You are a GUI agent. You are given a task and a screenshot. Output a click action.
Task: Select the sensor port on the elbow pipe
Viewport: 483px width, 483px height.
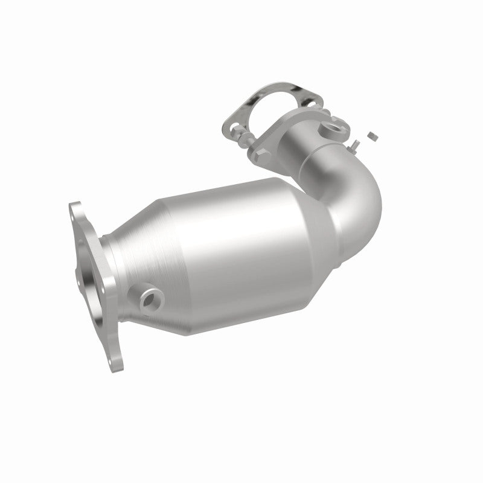(331, 127)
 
